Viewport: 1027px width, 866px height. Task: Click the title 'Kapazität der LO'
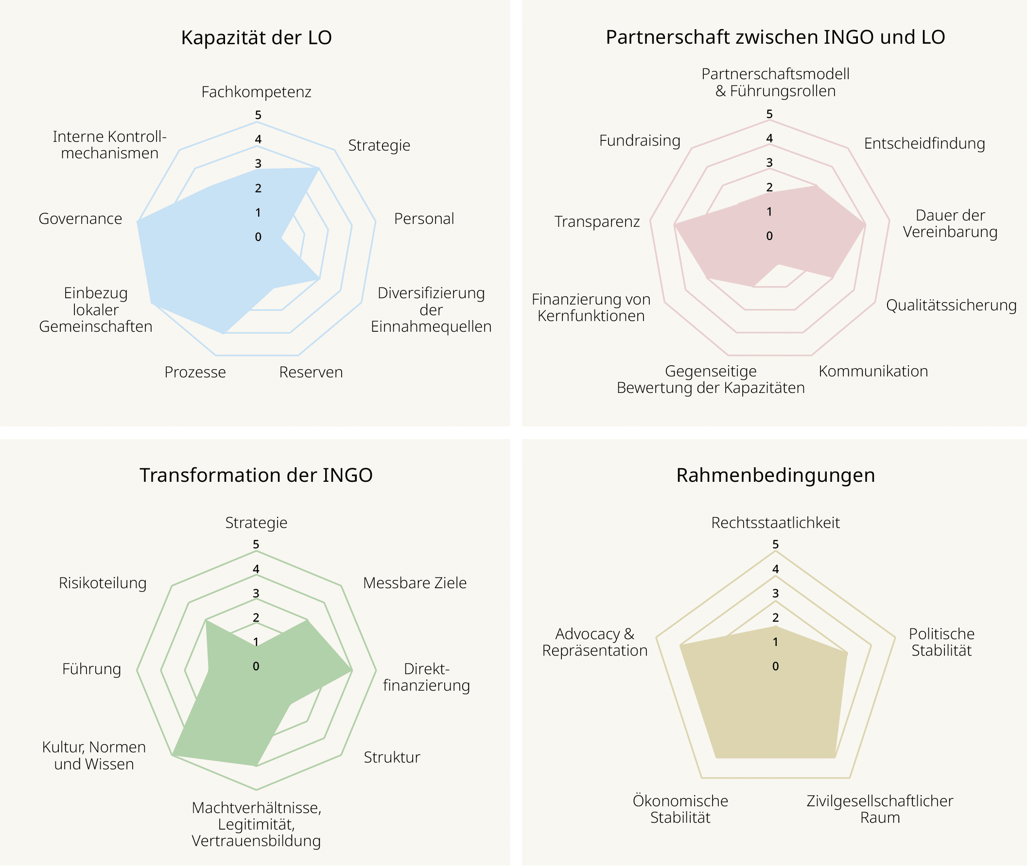(x=256, y=38)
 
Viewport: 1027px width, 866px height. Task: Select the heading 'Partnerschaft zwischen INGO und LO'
(x=776, y=37)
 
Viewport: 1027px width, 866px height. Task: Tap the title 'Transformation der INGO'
(x=256, y=475)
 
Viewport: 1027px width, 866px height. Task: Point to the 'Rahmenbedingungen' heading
(x=776, y=475)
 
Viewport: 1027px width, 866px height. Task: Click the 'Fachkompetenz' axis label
(x=256, y=92)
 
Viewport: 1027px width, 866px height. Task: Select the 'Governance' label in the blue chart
(x=81, y=219)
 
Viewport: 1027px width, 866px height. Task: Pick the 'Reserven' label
(x=311, y=372)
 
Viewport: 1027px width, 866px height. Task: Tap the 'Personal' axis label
(x=424, y=219)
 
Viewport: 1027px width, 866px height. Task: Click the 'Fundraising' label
(x=640, y=141)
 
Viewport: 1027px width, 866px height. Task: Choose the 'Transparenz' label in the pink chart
(x=597, y=221)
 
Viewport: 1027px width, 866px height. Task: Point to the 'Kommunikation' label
(x=873, y=371)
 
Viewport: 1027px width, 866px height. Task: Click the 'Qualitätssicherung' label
(x=951, y=306)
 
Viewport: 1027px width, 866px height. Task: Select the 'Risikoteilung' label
(x=103, y=583)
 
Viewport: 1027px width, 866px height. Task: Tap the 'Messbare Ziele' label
(x=415, y=583)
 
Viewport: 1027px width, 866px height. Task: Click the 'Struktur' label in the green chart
(x=392, y=757)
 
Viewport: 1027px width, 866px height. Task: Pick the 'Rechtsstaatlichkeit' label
(x=776, y=522)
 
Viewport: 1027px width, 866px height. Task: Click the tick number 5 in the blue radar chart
(x=258, y=115)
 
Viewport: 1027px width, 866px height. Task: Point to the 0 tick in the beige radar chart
(x=776, y=666)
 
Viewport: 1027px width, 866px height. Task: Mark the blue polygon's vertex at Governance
(x=138, y=222)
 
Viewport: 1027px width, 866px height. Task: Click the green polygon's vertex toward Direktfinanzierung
(x=351, y=670)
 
